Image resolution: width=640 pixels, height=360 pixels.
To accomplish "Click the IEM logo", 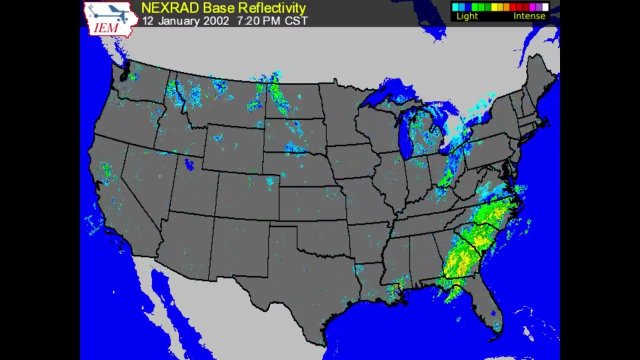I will pos(110,19).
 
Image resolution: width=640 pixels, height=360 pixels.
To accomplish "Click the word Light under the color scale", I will pos(467,16).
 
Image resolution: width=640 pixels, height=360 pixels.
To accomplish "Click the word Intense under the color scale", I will pos(529,16).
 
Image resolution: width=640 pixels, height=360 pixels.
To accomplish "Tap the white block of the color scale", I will pos(545,7).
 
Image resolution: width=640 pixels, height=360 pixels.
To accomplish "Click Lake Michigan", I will pos(406,135).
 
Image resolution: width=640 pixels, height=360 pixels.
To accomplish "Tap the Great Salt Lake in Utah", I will pos(189,164).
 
